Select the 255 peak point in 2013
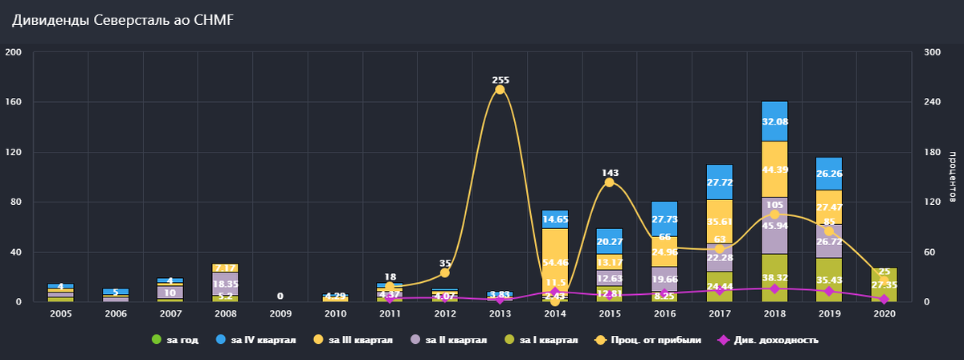coord(500,89)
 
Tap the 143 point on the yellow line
coord(609,182)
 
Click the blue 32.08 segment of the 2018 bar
coord(774,121)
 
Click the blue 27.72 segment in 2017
coord(720,182)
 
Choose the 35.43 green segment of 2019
coord(829,280)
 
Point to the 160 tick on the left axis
coord(15,103)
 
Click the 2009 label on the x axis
coord(280,313)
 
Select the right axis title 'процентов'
coord(952,177)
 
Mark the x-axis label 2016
coord(664,313)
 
